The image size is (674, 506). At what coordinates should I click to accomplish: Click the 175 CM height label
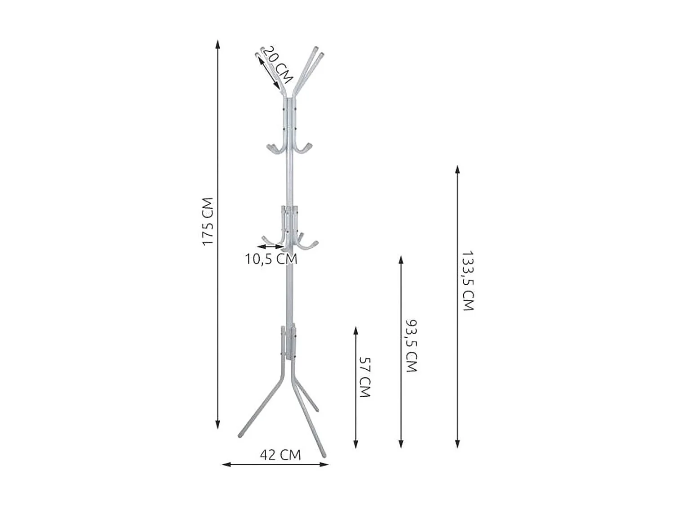207,221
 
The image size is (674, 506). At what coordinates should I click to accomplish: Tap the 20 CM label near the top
277,65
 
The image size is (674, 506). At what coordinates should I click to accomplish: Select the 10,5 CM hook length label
271,259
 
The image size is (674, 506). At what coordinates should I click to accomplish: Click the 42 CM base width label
280,455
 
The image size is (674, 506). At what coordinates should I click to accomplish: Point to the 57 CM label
365,377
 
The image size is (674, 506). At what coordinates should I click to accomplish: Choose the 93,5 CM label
411,346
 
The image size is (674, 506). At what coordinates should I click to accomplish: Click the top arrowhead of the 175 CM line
218,44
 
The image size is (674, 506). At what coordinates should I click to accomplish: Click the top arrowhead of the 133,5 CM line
457,169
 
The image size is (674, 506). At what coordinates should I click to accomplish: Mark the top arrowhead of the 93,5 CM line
401,260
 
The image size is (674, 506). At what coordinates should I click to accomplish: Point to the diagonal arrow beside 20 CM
268,73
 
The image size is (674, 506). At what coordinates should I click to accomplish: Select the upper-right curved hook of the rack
306,148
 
